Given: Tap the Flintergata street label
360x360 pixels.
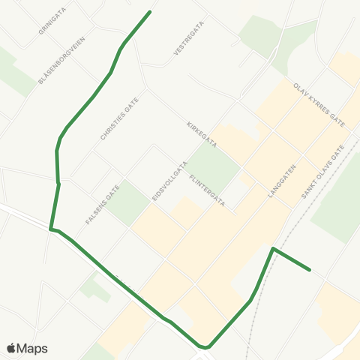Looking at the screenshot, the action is [x=208, y=190].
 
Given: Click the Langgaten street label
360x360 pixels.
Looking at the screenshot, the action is [x=282, y=181].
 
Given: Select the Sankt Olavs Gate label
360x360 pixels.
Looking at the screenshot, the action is [x=322, y=172].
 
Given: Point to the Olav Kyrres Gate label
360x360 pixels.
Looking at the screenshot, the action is [x=319, y=105].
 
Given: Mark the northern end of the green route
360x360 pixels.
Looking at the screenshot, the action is [x=151, y=11].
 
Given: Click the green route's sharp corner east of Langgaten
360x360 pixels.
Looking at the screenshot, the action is [x=274, y=248].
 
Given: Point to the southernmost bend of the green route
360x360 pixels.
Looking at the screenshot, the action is [x=205, y=347].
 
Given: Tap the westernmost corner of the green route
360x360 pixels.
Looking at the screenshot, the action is [x=51, y=229].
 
